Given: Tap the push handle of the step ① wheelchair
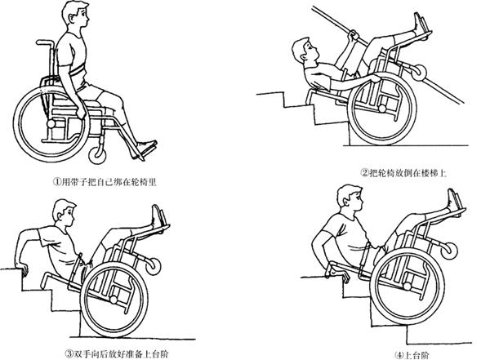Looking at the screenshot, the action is pos(45,42).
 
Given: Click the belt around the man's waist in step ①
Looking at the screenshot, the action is pos(77,70).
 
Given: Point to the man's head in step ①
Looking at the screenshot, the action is pos(76,15).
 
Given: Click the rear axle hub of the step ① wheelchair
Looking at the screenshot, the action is pos(51,124).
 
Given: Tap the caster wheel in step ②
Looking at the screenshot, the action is pos(419,73).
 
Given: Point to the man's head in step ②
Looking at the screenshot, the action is pos(304,51).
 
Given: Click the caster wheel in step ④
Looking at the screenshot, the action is pos(448,251).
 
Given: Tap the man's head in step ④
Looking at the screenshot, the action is pos(350,198).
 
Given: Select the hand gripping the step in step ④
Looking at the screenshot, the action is pos(343,276).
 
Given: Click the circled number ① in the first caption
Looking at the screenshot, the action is pos(56,182).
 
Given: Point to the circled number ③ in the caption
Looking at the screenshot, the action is pos(69,354).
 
